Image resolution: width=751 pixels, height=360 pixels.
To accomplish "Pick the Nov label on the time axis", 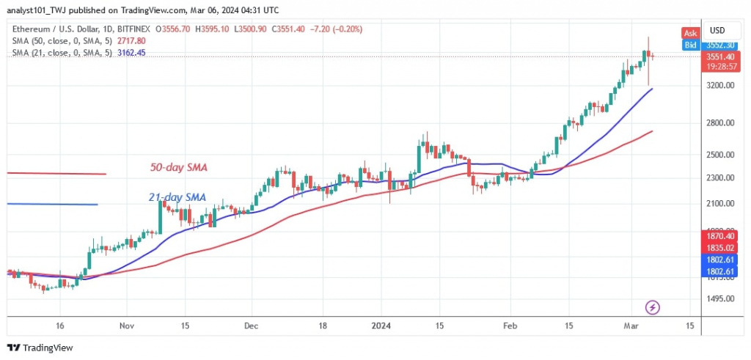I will (127, 325).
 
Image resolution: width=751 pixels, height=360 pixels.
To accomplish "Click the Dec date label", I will (252, 325).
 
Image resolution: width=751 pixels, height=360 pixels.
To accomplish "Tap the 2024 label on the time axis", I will (381, 325).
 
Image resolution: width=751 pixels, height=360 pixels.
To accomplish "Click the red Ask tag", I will (689, 34).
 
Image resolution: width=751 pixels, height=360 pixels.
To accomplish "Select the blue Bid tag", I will (689, 45).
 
